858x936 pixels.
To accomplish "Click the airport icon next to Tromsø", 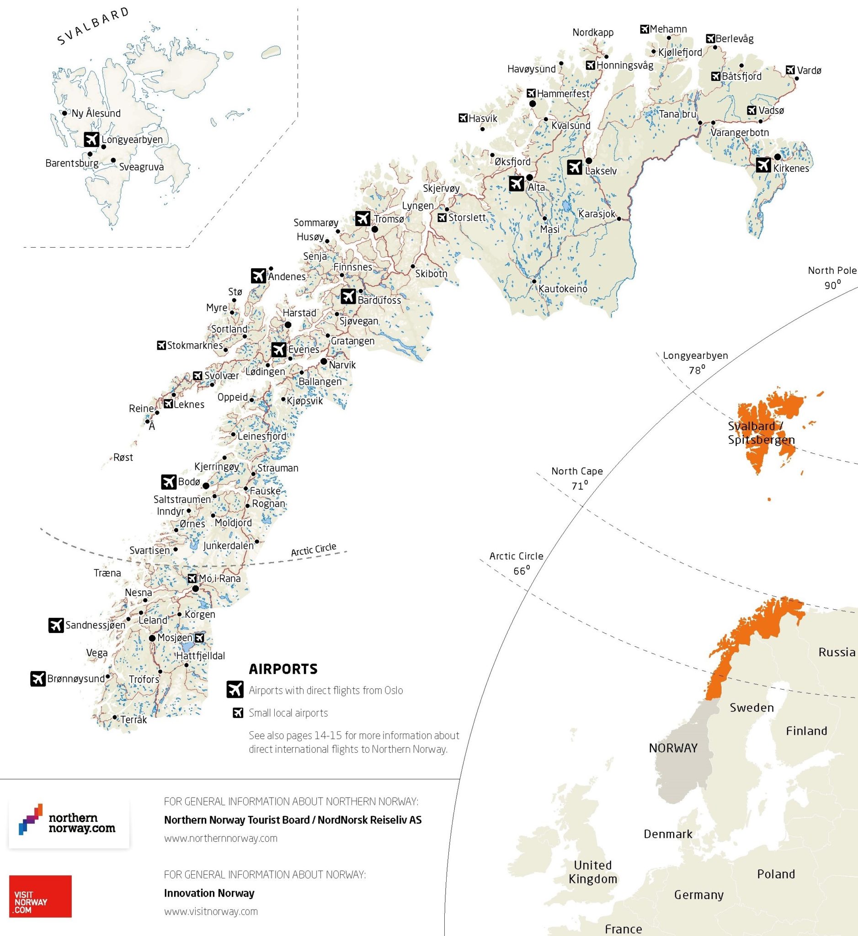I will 362,218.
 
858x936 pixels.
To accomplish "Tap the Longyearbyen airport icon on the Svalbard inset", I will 92,139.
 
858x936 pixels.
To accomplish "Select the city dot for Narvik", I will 324,361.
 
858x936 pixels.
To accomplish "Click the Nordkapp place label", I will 593,32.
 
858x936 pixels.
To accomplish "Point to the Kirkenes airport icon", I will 763,165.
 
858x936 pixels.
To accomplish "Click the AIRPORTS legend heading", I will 283,669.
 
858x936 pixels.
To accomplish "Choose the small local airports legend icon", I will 238,713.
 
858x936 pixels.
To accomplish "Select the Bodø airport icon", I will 169,482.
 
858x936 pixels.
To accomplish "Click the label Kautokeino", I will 563,289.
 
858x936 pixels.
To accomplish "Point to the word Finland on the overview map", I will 806,731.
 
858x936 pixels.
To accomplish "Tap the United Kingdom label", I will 593,872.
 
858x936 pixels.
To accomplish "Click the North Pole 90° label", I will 832,277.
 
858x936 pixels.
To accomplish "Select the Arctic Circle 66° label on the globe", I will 516,563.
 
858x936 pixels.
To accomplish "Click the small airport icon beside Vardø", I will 790,70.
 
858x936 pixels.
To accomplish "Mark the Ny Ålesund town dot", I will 65,113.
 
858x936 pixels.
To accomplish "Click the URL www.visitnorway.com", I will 211,911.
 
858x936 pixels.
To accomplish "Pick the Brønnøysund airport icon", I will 38,678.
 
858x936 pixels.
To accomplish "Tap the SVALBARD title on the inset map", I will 93,26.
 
